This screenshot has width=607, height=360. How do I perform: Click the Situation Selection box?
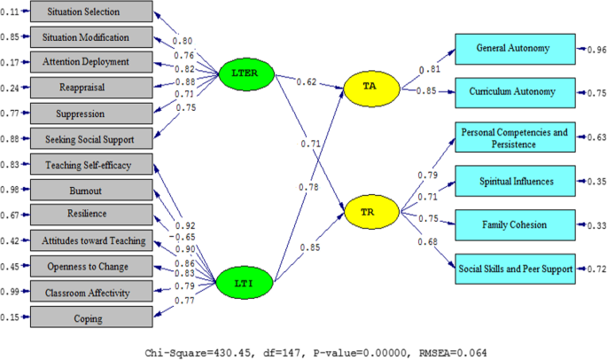pyautogui.click(x=92, y=12)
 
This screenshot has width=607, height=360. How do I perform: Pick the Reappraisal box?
pyautogui.click(x=92, y=88)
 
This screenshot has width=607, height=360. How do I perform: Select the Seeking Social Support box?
pyautogui.click(x=92, y=138)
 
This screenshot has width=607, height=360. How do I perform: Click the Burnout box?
pyautogui.click(x=92, y=189)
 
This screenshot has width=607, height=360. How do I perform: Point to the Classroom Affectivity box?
pyautogui.click(x=92, y=291)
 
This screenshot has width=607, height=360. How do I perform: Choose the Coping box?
pyautogui.click(x=92, y=317)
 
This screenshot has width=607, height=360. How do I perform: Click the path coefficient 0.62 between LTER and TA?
pyautogui.click(x=303, y=82)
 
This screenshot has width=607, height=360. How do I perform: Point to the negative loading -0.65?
pyautogui.click(x=183, y=238)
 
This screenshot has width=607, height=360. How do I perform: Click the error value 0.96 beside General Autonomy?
pyautogui.click(x=593, y=50)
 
